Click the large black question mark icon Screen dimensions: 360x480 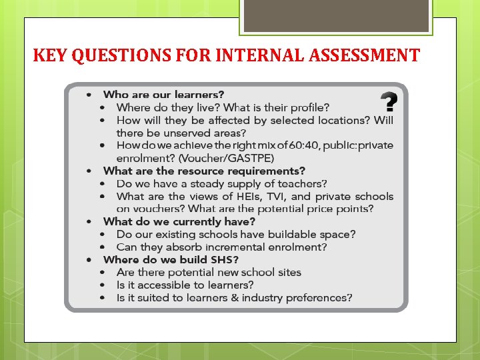[x=389, y=103]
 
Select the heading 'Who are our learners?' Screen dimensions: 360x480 [x=163, y=95]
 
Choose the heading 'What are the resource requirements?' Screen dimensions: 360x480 [x=204, y=171]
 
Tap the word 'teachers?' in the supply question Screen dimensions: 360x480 [x=304, y=183]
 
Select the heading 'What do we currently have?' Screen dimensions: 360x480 [x=179, y=221]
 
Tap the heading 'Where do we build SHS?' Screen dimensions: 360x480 [x=171, y=259]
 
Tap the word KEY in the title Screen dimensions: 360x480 [x=51, y=55]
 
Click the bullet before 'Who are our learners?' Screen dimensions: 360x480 [x=89, y=95]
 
